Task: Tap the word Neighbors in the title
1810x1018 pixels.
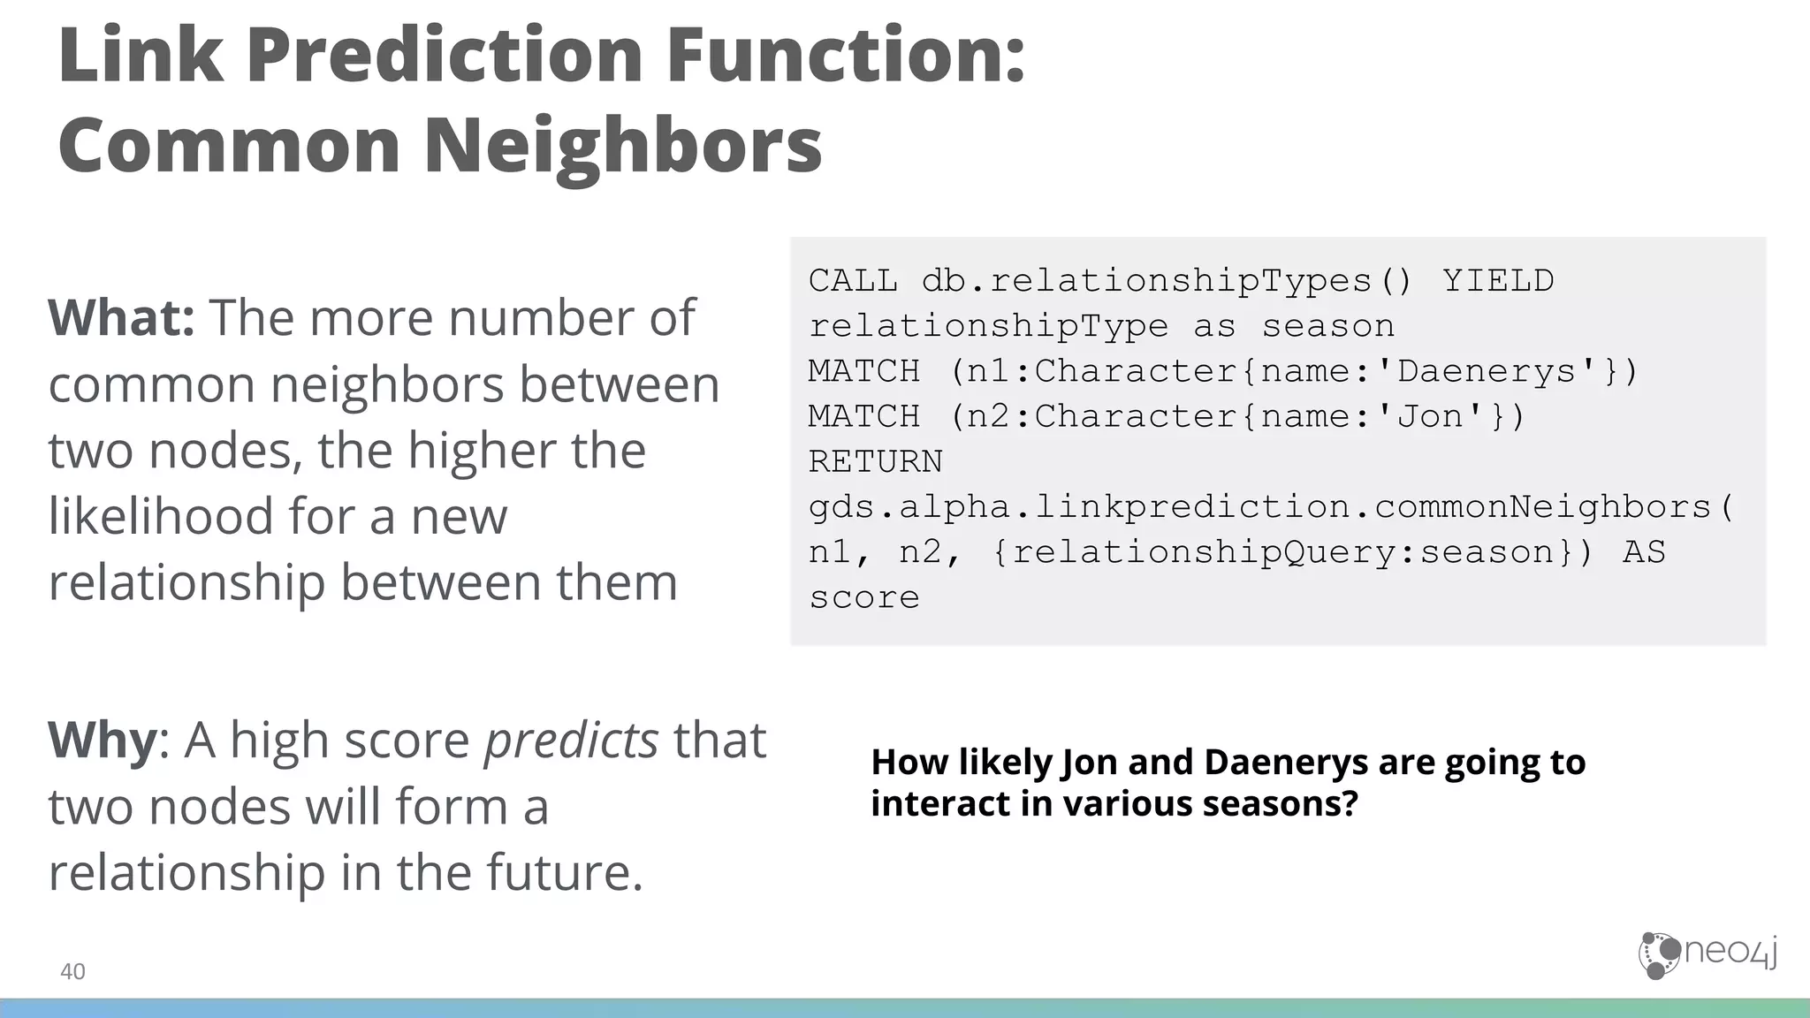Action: pyautogui.click(x=623, y=145)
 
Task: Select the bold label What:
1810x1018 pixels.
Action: pyautogui.click(x=121, y=317)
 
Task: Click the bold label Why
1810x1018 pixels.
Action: pyautogui.click(x=102, y=740)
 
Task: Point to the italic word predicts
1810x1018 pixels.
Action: pyautogui.click(x=571, y=740)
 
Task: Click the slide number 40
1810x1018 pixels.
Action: pyautogui.click(x=72, y=971)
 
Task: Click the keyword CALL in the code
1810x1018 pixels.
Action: pyautogui.click(x=853, y=281)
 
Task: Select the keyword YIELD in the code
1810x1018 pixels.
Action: pyautogui.click(x=1498, y=281)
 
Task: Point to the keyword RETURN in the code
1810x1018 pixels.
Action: pyautogui.click(x=876, y=461)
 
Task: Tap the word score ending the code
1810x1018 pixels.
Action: pyautogui.click(x=864, y=597)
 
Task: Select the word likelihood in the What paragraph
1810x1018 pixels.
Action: pyautogui.click(x=160, y=515)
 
